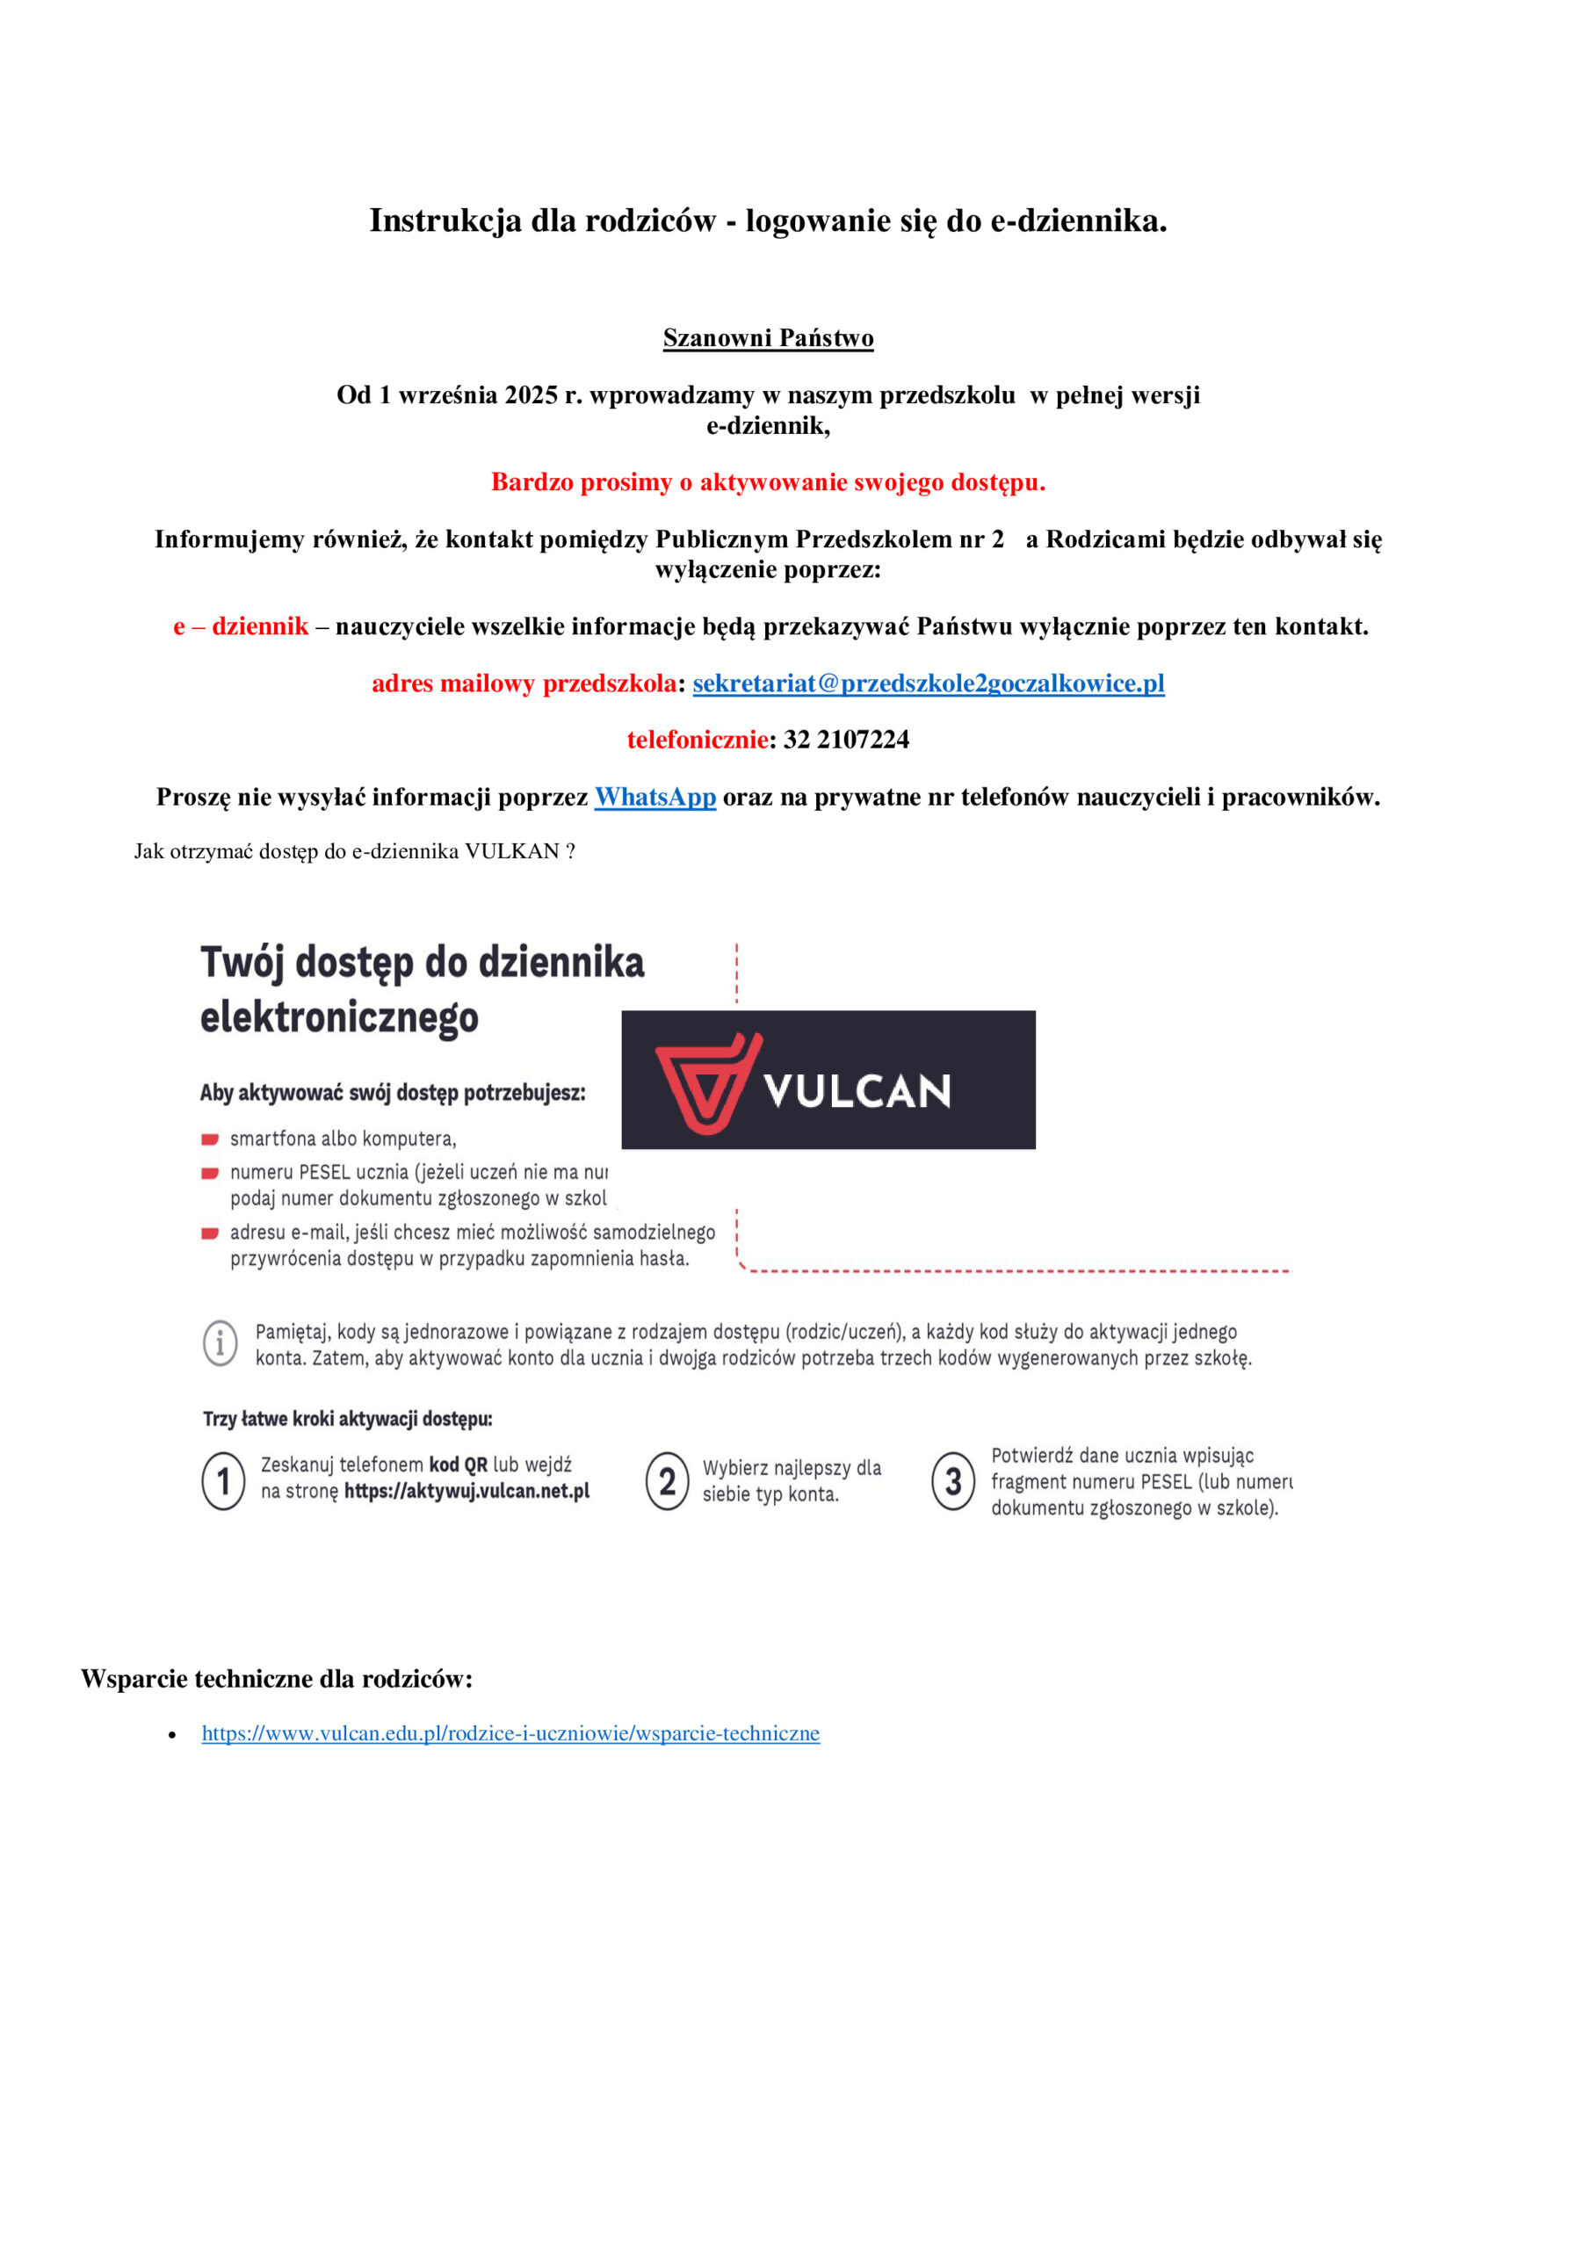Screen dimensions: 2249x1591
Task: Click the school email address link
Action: point(928,683)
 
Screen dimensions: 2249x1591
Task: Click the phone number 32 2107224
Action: point(845,740)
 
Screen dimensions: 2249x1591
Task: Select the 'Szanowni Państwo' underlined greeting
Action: point(768,338)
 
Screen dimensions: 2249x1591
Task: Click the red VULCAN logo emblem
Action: point(707,1082)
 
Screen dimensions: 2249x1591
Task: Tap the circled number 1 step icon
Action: point(223,1480)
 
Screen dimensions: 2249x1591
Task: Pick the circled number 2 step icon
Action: point(667,1480)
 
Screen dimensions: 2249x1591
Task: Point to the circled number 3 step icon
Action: point(952,1481)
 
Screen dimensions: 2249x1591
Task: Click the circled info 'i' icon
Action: point(221,1342)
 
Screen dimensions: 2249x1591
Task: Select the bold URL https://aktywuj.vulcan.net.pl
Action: point(466,1491)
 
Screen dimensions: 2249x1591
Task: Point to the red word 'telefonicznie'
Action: point(698,740)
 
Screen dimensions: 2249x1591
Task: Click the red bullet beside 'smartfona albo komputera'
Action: point(210,1139)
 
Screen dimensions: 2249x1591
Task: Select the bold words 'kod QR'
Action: point(458,1464)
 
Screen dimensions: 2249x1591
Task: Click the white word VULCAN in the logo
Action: point(857,1091)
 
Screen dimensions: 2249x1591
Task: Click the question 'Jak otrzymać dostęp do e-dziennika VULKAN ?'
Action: point(355,850)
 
